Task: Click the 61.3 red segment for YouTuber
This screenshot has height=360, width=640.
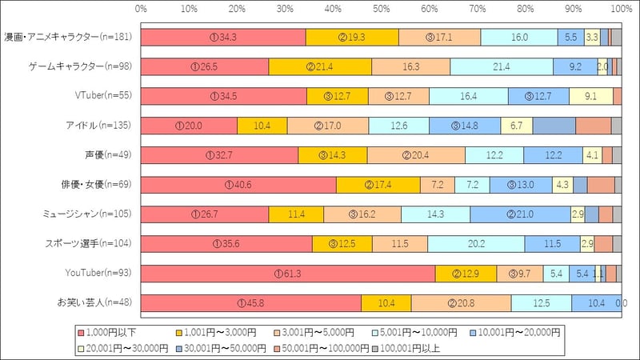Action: click(288, 273)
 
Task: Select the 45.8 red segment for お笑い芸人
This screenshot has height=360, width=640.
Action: click(251, 302)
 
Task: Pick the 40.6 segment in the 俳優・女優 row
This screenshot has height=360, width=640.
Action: click(238, 184)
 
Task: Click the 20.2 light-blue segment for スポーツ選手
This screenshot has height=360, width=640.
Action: click(476, 243)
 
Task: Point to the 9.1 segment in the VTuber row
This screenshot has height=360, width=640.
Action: click(590, 96)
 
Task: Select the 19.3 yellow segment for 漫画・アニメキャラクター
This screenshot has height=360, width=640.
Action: click(352, 37)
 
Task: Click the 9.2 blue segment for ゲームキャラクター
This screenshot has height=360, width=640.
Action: click(574, 66)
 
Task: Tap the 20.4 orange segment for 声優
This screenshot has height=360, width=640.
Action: click(416, 155)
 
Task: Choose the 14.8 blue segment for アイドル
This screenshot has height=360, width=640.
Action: click(465, 126)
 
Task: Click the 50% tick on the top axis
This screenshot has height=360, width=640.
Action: click(382, 10)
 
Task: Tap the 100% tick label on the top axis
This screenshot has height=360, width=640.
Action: click(621, 10)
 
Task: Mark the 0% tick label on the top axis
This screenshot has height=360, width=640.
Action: click(142, 10)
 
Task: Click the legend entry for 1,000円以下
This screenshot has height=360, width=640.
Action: click(111, 331)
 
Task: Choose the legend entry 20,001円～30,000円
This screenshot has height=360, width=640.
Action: click(121, 348)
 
